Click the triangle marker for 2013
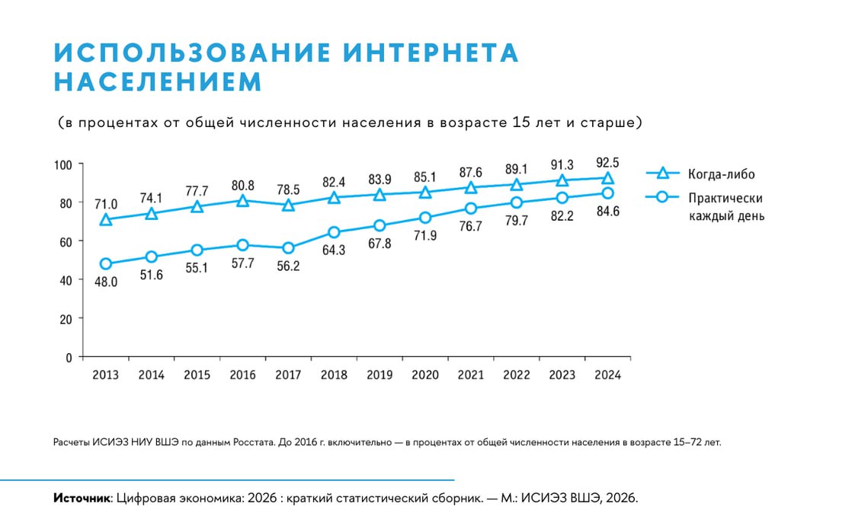click(106, 220)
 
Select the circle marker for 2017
click(288, 248)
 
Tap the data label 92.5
click(607, 162)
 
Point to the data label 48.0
click(106, 282)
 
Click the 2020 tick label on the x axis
click(425, 375)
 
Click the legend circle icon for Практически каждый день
click(662, 197)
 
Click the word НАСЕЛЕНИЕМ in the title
click(157, 81)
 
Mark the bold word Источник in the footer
click(82, 499)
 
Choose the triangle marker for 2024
click(607, 178)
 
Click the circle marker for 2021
click(471, 209)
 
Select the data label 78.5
click(288, 187)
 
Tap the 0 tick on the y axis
click(68, 357)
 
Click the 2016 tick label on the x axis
click(242, 375)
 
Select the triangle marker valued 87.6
click(471, 187)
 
